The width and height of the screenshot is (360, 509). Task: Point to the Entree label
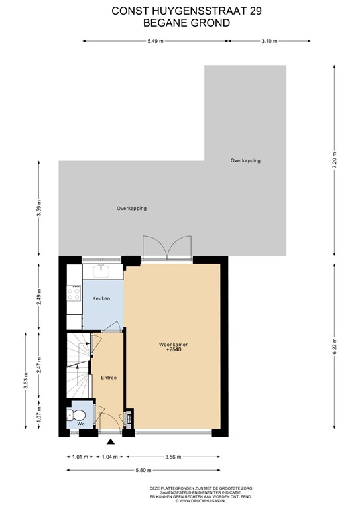(109, 378)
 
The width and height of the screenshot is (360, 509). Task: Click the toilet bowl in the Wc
(71, 416)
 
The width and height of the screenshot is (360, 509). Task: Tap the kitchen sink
(103, 270)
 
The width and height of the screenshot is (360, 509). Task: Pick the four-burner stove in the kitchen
(73, 294)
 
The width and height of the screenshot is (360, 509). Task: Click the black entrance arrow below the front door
(110, 441)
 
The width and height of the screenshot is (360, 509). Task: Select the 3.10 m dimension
(269, 41)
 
